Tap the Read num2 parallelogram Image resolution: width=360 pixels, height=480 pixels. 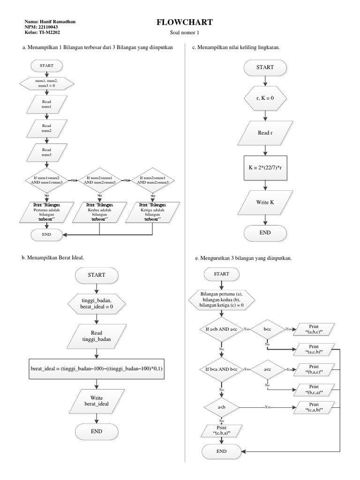(46, 128)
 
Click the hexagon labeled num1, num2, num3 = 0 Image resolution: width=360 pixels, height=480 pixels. (46, 83)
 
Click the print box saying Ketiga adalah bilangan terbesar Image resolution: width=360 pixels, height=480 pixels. (153, 212)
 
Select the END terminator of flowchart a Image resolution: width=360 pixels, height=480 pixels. (46, 234)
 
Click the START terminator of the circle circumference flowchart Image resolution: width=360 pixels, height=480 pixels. (265, 67)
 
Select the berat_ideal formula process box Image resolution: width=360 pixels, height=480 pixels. (97, 369)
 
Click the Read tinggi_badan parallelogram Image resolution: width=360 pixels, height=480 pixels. (96, 336)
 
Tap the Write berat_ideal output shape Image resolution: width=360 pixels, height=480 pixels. (96, 400)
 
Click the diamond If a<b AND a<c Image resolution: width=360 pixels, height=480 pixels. (221, 330)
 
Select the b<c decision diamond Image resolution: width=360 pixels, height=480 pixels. (268, 330)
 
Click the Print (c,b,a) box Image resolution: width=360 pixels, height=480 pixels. (221, 430)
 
